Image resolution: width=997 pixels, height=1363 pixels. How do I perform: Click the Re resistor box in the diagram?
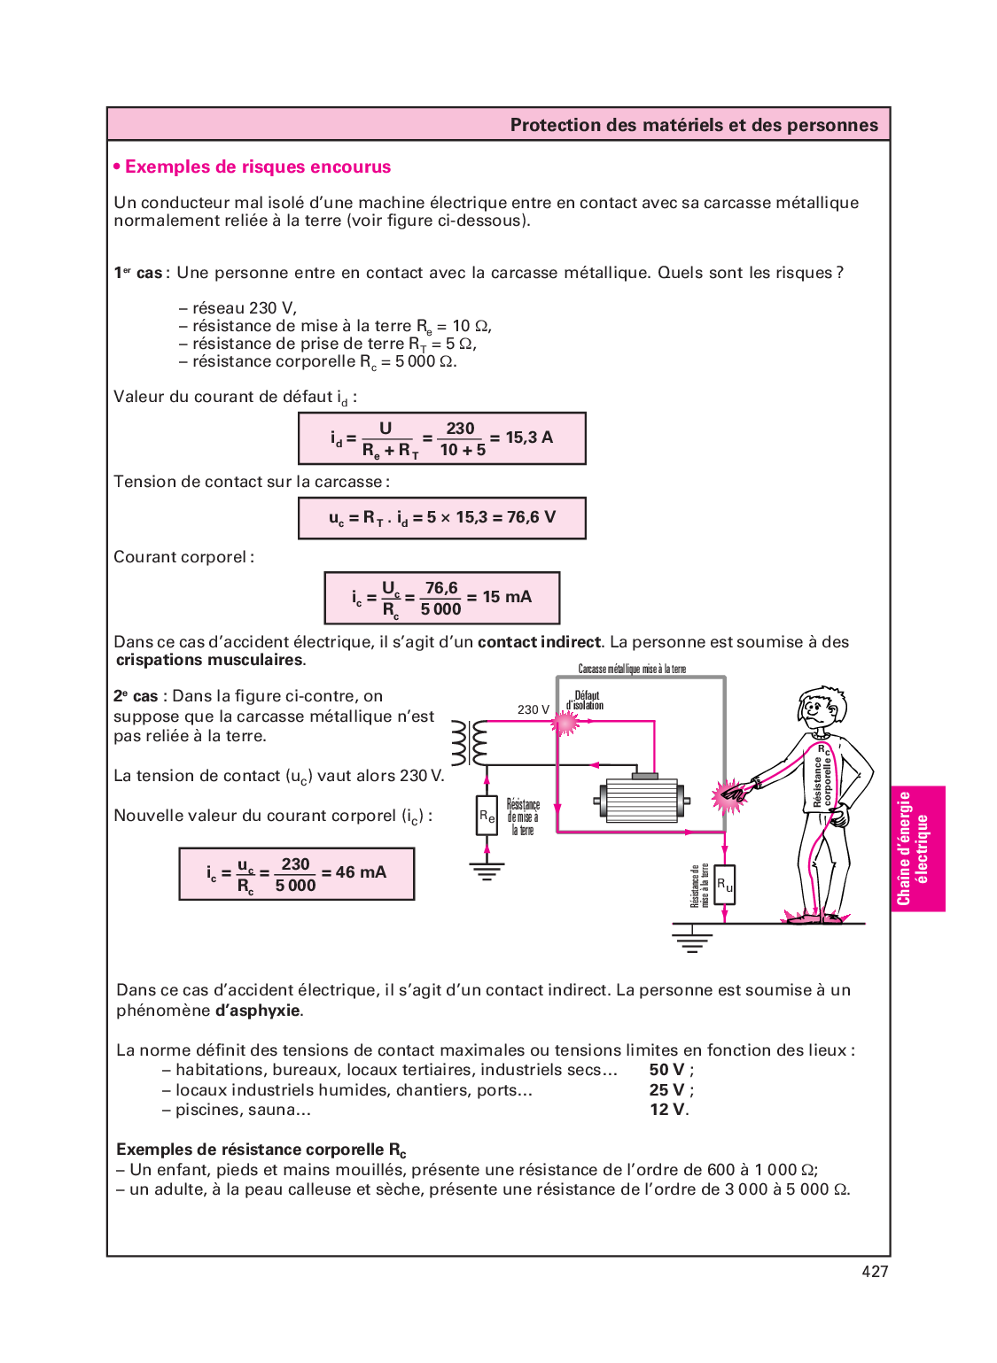(487, 817)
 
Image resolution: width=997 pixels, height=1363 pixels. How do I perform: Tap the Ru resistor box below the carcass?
(724, 884)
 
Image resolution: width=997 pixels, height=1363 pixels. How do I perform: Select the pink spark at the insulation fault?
(565, 723)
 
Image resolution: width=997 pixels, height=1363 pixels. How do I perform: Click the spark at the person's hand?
(729, 795)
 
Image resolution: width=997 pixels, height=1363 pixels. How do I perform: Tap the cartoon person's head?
(822, 709)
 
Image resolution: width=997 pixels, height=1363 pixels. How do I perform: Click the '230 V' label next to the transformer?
(534, 709)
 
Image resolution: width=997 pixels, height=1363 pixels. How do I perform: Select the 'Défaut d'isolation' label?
(586, 701)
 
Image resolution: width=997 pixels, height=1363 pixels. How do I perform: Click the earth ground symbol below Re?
(487, 871)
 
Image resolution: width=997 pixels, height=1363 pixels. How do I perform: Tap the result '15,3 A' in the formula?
(529, 438)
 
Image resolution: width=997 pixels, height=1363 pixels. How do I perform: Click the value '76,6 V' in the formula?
(531, 517)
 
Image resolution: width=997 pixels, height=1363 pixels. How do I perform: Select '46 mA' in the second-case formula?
(361, 872)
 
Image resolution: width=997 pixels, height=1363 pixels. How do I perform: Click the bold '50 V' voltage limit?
(667, 1070)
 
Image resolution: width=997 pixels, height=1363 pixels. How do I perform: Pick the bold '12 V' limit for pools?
(667, 1110)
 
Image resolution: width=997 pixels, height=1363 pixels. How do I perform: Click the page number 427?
(875, 1272)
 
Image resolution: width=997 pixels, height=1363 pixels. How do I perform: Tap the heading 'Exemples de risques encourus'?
(258, 167)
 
